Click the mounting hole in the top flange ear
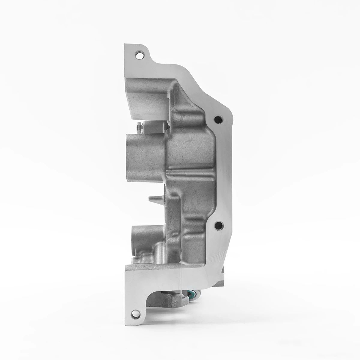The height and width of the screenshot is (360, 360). tap(139, 55)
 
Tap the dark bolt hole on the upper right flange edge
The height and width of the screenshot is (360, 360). tap(218, 120)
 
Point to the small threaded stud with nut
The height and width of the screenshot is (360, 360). tap(138, 127)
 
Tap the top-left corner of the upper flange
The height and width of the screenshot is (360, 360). tap(125, 45)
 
